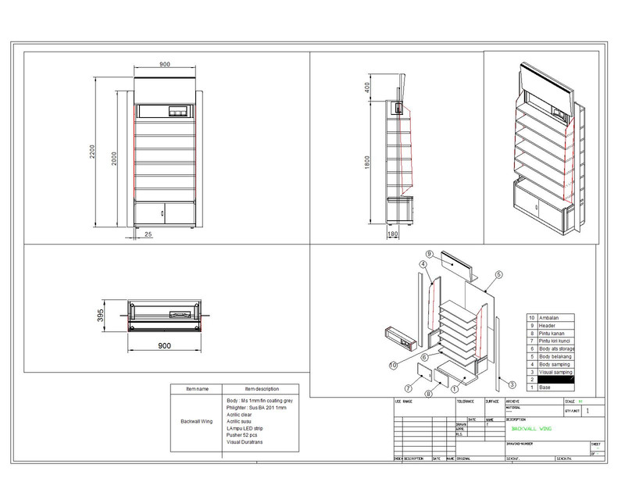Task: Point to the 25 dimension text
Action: coord(148,234)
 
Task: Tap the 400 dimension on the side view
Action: coord(367,86)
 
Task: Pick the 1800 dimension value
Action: coord(367,161)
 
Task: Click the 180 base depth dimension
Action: coord(393,234)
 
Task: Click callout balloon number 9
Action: coord(429,254)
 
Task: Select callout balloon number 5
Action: coord(497,275)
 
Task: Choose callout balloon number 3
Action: coord(511,385)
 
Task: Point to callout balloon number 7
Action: coord(407,387)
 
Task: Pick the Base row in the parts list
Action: coord(545,387)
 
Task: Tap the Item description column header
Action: coord(262,388)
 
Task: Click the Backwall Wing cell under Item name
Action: coord(196,421)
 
